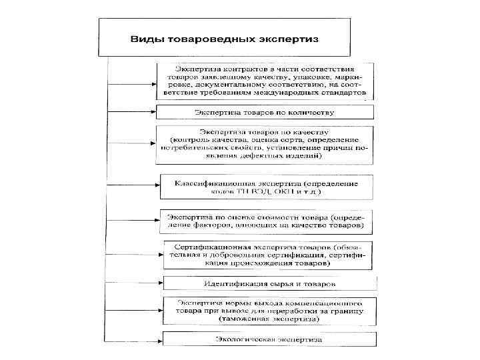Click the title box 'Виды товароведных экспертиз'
pos(225,37)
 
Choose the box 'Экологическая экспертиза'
pos(269,339)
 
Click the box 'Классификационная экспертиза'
pos(266,187)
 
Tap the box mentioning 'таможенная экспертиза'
pos(269,311)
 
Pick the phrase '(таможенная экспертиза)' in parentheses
pos(269,319)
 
